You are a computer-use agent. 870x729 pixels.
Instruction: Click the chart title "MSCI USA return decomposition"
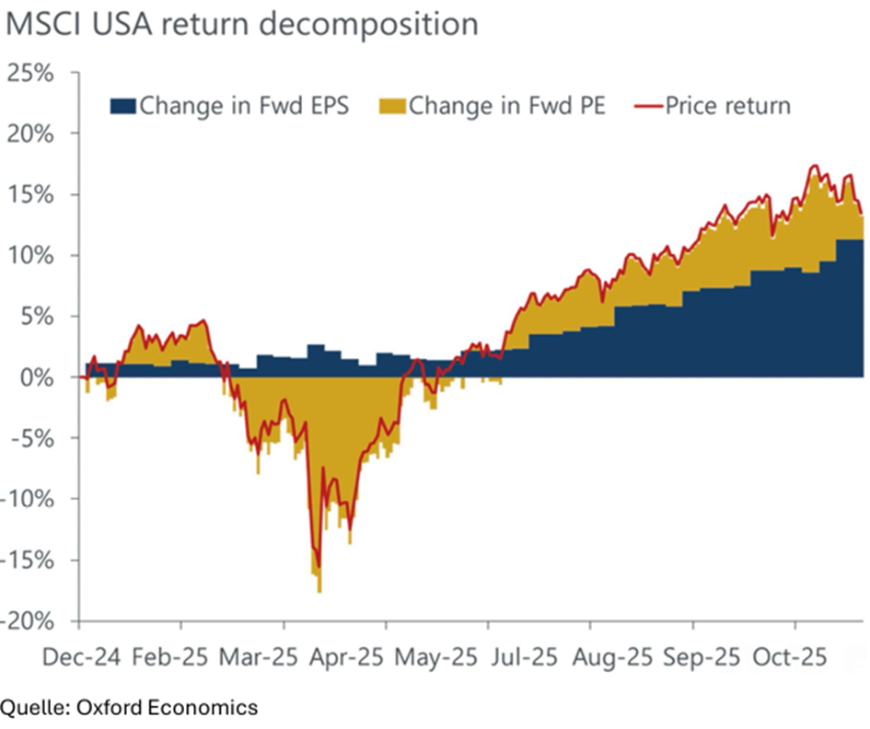[241, 24]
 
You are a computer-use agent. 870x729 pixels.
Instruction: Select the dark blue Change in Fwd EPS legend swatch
[123, 106]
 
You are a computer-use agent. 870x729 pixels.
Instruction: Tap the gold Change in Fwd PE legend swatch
[392, 106]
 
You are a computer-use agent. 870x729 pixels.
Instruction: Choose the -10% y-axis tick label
[31, 500]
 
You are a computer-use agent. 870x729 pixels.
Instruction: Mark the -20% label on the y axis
[31, 621]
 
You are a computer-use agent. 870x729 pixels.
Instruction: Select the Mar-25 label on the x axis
[259, 659]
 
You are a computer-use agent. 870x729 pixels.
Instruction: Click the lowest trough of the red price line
[319, 568]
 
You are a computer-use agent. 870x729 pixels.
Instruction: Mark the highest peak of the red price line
[814, 167]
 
